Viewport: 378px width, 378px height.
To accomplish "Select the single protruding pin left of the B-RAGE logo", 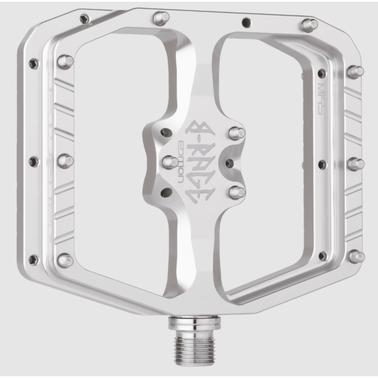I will [x=170, y=162].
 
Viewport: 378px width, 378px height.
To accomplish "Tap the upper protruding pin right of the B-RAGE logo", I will [x=236, y=133].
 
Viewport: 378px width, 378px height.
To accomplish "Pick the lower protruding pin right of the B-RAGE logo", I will [x=236, y=191].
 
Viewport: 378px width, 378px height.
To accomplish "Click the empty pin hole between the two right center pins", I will [x=229, y=162].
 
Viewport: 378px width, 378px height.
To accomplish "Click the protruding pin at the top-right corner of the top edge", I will [x=309, y=25].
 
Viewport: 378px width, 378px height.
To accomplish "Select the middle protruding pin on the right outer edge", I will [x=355, y=163].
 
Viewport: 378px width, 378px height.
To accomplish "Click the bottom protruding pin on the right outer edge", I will [x=356, y=256].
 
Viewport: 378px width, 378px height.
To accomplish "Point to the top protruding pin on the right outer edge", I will [x=354, y=72].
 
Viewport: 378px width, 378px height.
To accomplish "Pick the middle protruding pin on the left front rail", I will [x=65, y=161].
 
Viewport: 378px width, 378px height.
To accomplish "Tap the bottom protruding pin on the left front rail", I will [x=66, y=260].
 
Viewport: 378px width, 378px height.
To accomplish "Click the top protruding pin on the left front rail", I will [x=65, y=61].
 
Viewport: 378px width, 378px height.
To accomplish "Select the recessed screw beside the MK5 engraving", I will [x=322, y=73].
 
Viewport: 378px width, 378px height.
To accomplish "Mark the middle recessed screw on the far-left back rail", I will [x=33, y=161].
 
